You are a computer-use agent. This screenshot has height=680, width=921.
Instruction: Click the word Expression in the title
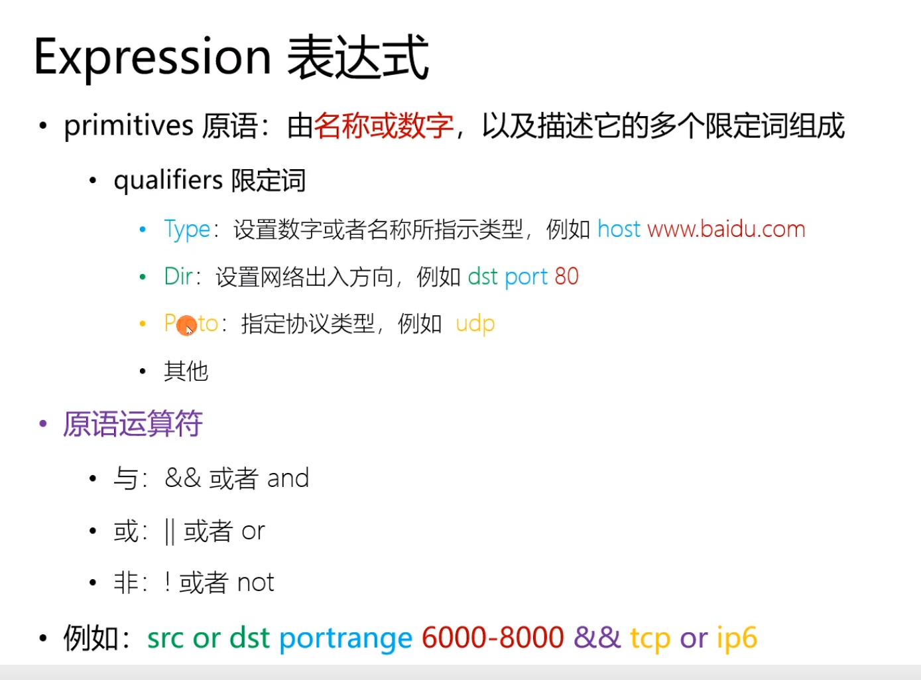pyautogui.click(x=153, y=58)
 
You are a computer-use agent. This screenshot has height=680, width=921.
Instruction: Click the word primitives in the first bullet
pyautogui.click(x=129, y=126)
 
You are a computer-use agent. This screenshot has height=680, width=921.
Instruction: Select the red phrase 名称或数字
pyautogui.click(x=383, y=126)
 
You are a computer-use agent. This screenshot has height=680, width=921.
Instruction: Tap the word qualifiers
pyautogui.click(x=168, y=181)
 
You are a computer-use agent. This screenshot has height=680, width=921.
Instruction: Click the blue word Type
pyautogui.click(x=187, y=229)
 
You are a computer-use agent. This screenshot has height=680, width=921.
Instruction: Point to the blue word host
pyautogui.click(x=619, y=229)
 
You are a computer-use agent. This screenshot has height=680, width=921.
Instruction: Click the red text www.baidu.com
pyautogui.click(x=726, y=229)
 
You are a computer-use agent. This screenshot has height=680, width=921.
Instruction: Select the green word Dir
pyautogui.click(x=178, y=276)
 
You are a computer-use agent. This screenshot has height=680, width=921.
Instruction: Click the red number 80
pyautogui.click(x=566, y=277)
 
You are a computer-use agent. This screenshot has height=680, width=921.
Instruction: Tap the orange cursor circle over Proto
pyautogui.click(x=186, y=326)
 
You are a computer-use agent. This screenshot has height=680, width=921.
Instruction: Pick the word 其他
pyautogui.click(x=186, y=371)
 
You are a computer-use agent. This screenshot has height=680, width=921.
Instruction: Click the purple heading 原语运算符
pyautogui.click(x=133, y=424)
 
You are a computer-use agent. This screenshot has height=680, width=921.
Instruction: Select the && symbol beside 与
pyautogui.click(x=183, y=478)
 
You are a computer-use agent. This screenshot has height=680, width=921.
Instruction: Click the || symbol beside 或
pyautogui.click(x=170, y=531)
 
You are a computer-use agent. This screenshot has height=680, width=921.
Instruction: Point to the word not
pyautogui.click(x=255, y=582)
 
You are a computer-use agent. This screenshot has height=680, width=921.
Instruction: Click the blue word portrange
pyautogui.click(x=346, y=639)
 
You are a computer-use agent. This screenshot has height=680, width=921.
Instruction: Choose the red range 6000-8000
pyautogui.click(x=493, y=638)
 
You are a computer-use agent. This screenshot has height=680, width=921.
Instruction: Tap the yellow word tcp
pyautogui.click(x=650, y=639)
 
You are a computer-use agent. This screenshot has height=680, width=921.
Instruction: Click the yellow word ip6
pyautogui.click(x=737, y=639)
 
